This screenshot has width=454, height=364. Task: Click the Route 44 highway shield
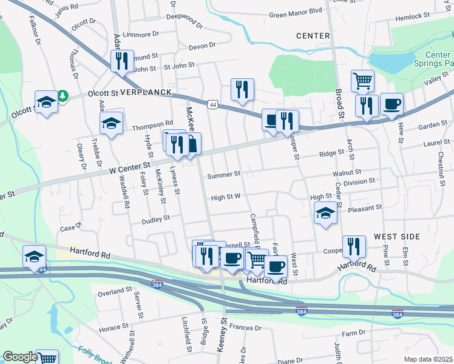pyautogui.click(x=212, y=105)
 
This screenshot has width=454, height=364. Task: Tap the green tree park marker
pyautogui.click(x=63, y=96)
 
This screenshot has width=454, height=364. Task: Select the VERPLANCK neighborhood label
pyautogui.click(x=146, y=93)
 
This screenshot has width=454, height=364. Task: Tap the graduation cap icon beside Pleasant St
pyautogui.click(x=325, y=214)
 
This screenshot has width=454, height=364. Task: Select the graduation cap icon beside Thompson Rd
pyautogui.click(x=112, y=124)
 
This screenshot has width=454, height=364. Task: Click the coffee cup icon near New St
pyautogui.click(x=392, y=104)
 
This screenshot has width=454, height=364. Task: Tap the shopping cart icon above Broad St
pyautogui.click(x=362, y=79)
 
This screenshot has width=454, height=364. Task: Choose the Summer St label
pyautogui.click(x=224, y=175)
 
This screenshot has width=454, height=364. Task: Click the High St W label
pyautogui.click(x=226, y=197)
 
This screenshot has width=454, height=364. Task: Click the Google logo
pyautogui.click(x=20, y=356)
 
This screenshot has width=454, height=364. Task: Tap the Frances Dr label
pyautogui.click(x=245, y=328)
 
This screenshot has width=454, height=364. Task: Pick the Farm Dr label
pyautogui.click(x=353, y=333)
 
